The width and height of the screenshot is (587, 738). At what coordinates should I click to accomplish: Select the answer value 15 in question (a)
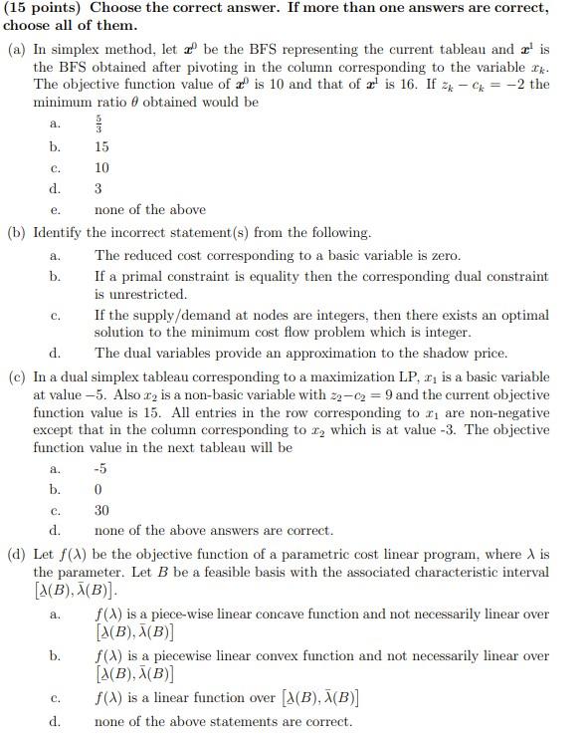(x=101, y=146)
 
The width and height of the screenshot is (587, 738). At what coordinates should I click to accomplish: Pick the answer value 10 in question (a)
(x=101, y=167)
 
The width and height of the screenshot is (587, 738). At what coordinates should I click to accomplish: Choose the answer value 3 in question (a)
(x=98, y=188)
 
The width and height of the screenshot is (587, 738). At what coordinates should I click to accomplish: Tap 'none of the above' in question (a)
(x=150, y=209)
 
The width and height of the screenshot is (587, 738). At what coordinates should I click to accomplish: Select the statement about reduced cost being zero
(x=278, y=255)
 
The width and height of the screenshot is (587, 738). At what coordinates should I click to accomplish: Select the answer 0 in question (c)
(x=98, y=489)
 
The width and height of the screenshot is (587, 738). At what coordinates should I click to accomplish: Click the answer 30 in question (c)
(x=101, y=510)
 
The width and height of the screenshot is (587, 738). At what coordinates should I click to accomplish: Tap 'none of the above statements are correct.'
(x=223, y=721)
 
